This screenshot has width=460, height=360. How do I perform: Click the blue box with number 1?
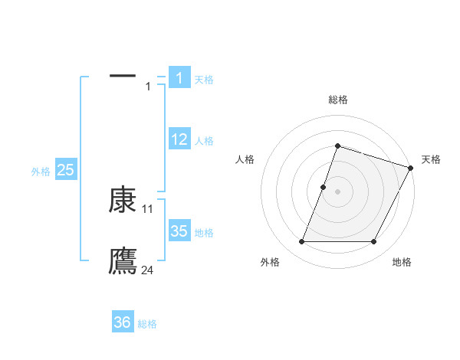(x=179, y=77)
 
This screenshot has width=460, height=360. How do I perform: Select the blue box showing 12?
(x=179, y=139)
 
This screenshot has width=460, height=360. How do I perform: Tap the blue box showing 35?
(x=179, y=231)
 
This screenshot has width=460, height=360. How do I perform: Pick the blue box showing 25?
(x=65, y=170)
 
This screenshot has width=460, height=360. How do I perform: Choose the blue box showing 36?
(x=122, y=322)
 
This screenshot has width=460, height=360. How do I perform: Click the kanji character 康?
(x=123, y=200)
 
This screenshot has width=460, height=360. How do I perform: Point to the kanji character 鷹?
(x=123, y=260)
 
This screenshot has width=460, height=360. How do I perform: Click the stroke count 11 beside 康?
(x=148, y=208)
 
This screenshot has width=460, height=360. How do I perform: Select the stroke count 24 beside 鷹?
(x=148, y=270)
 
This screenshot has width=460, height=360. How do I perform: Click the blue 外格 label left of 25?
(x=41, y=172)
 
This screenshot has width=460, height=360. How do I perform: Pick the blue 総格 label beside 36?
(x=147, y=324)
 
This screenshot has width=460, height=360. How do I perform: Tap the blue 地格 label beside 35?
(x=204, y=233)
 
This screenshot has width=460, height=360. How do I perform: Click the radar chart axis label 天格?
(x=431, y=159)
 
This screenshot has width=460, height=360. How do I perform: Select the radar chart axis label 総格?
(x=337, y=100)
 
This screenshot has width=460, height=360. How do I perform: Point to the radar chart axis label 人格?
(x=245, y=159)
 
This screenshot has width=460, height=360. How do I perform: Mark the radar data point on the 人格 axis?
(x=324, y=187)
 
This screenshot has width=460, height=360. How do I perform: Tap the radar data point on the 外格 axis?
(x=301, y=242)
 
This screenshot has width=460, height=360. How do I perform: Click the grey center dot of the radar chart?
(x=337, y=191)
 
